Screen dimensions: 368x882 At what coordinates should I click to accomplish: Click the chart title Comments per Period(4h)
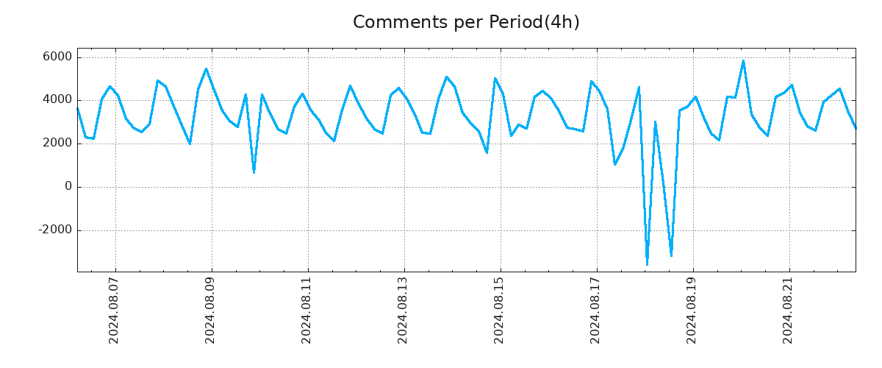pos(466,22)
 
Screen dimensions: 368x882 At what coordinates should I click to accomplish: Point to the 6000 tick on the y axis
pos(57,57)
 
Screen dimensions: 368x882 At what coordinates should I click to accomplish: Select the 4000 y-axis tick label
pos(57,100)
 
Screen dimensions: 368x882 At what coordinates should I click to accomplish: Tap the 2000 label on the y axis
pos(57,144)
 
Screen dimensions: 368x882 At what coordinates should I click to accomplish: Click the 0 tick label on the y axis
pos(68,187)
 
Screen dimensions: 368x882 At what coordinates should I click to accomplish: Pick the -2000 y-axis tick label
pos(55,230)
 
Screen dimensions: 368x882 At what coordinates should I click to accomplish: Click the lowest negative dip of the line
pos(647,264)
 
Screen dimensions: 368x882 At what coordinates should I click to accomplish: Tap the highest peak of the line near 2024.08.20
pos(743,61)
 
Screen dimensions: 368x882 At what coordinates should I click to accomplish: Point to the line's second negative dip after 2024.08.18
pos(671,255)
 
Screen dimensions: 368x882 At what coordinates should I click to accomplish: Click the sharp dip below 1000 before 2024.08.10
pos(254,172)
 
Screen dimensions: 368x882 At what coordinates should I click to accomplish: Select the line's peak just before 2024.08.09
pos(206,68)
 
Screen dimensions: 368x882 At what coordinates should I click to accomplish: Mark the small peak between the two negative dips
pos(655,122)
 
